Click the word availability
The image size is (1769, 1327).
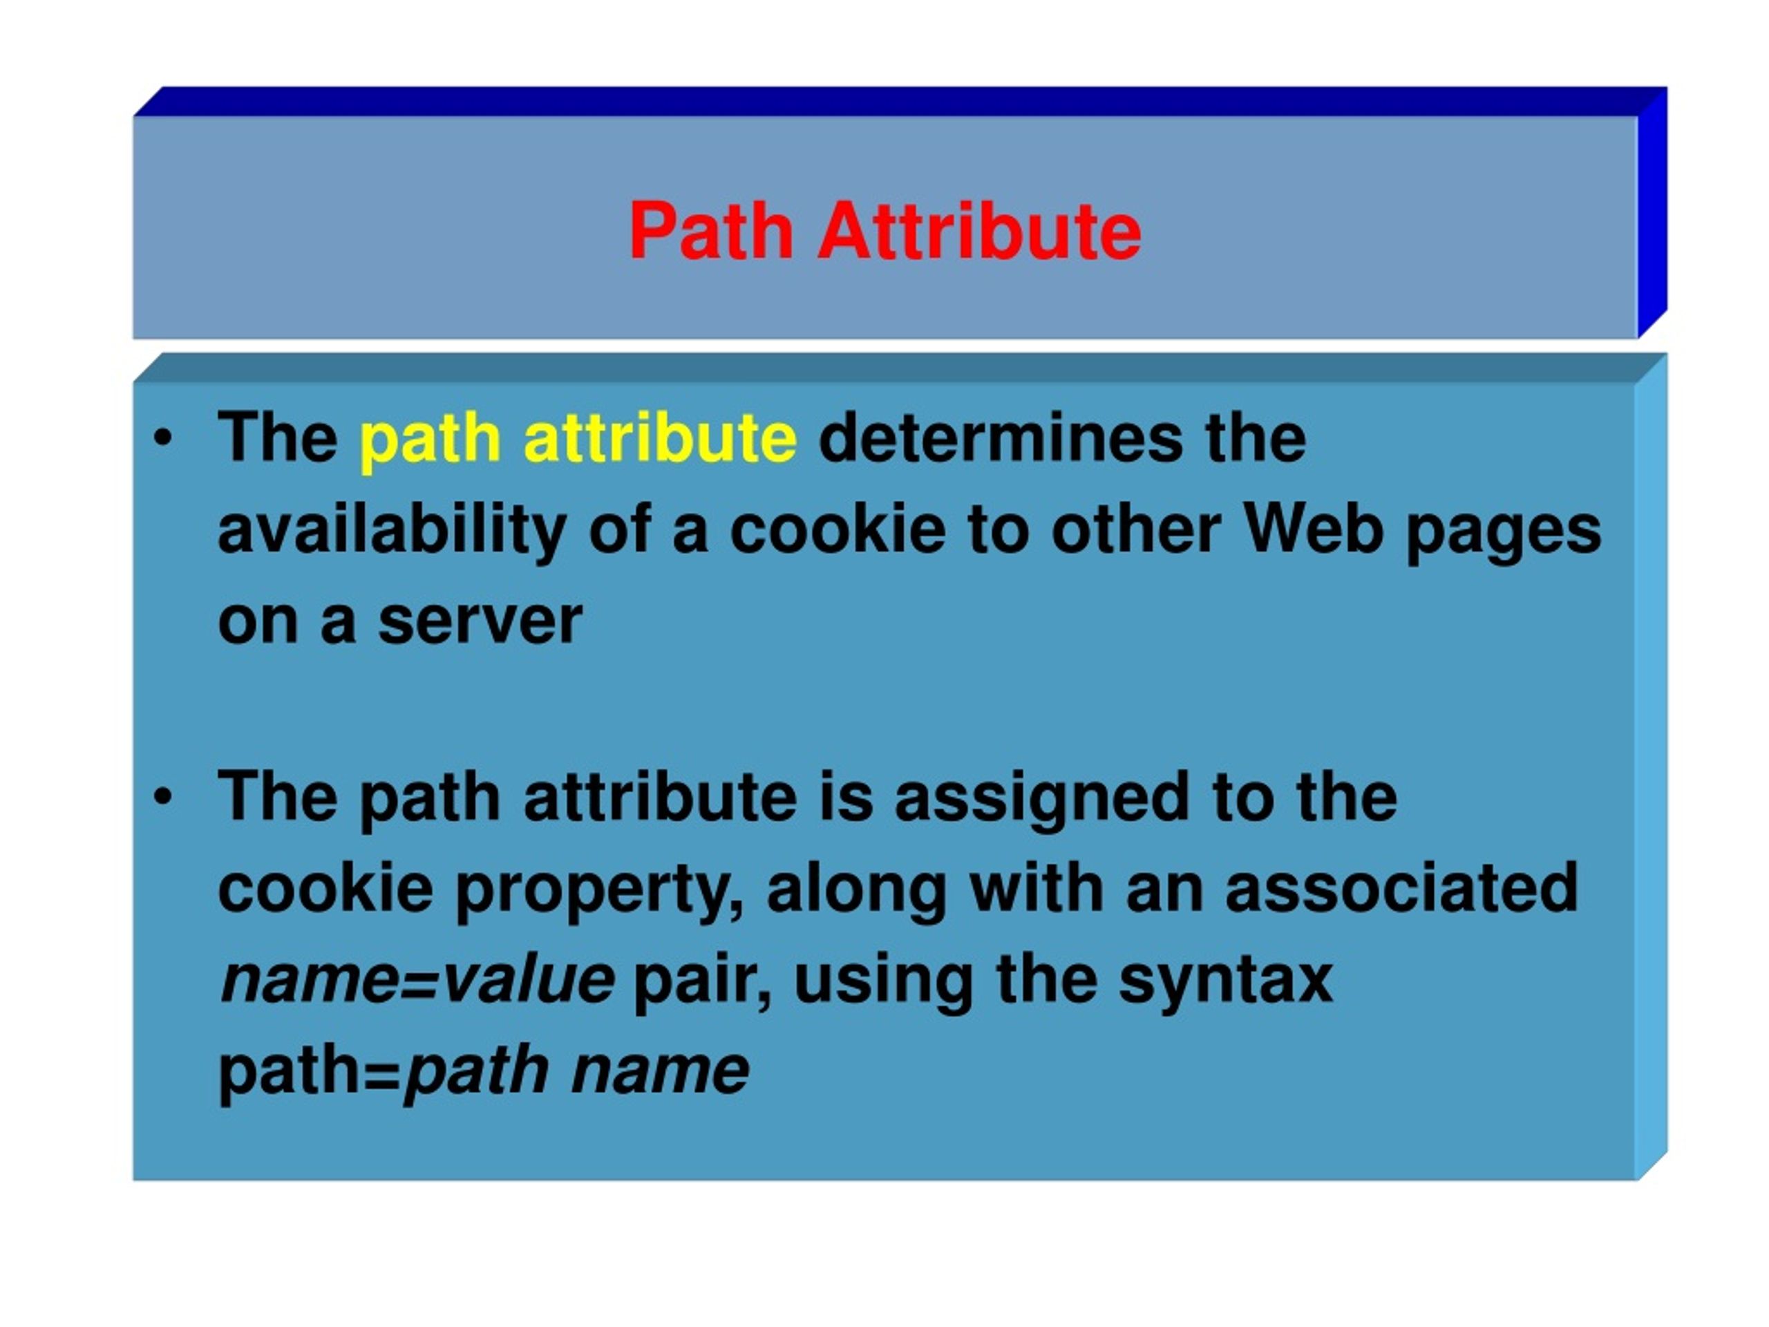[x=392, y=530]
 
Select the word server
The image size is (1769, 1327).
[x=480, y=621]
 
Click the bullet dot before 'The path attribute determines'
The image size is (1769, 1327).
[x=163, y=438]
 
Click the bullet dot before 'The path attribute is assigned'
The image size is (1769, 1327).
[x=163, y=797]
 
